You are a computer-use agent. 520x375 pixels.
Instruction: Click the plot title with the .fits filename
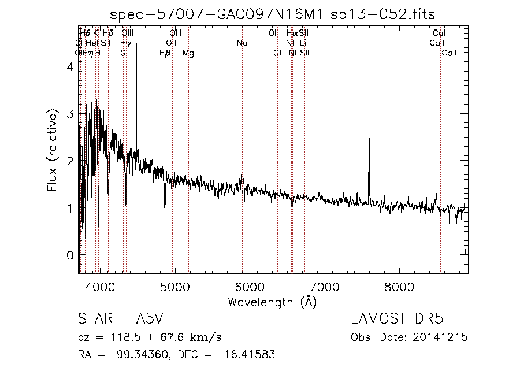272,13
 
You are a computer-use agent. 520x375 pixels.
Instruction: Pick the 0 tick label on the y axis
69,255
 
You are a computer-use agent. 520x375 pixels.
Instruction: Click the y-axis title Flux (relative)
53,153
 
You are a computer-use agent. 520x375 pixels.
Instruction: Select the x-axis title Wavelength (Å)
272,302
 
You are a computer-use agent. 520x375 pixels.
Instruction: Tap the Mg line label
188,53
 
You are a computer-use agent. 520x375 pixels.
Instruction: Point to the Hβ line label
165,53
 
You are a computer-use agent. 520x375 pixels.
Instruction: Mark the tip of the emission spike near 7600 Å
369,128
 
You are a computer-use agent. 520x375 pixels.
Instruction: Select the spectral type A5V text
150,319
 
